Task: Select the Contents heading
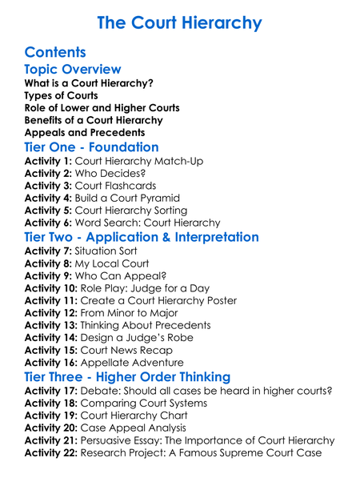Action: [55, 53]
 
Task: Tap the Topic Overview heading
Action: [73, 70]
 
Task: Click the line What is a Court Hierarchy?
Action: [89, 83]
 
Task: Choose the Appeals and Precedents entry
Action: [85, 132]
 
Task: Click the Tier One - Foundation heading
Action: [91, 147]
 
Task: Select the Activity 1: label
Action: [48, 161]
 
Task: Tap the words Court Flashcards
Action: [117, 186]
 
